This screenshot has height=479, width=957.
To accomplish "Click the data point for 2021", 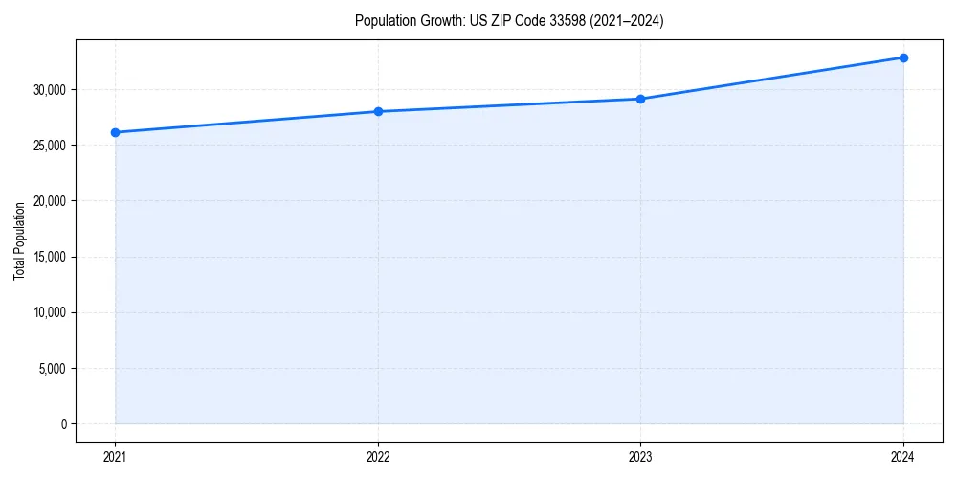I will [115, 132].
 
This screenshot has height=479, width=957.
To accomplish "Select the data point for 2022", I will [378, 111].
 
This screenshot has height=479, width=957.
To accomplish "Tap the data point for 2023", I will [640, 99].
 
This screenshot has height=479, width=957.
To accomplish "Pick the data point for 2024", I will [903, 57].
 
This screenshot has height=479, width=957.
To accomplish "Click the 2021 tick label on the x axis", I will [115, 457].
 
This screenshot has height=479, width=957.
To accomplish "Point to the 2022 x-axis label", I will [378, 457].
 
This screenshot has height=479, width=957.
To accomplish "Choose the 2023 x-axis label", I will [640, 457].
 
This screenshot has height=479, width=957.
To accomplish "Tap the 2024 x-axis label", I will [903, 457].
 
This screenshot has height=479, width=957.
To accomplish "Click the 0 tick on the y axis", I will [64, 423].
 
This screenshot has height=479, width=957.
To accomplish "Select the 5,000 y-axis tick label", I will [54, 368].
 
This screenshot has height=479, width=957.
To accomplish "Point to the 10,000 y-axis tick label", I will [51, 312].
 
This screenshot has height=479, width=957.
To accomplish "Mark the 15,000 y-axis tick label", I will [51, 257].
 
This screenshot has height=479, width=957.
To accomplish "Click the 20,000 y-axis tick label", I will [51, 201].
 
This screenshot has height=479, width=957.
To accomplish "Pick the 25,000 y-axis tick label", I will [51, 146].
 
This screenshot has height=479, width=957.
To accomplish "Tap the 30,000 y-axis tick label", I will [51, 90].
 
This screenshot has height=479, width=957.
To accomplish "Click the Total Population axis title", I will [19, 240].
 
